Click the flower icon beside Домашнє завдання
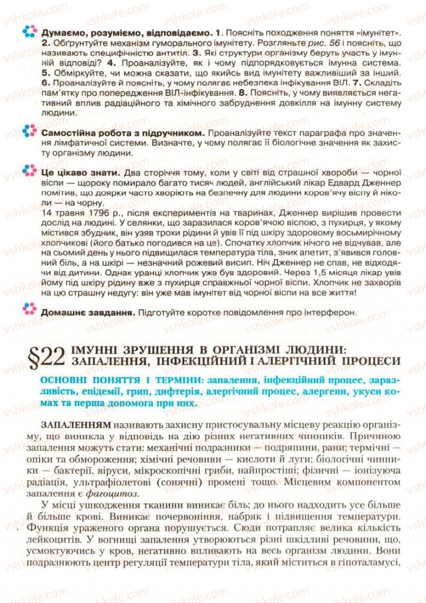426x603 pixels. coord(30,310)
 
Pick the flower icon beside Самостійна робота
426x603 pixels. coord(30,131)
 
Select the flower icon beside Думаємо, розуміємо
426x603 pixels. coord(30,31)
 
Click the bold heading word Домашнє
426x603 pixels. coord(60,312)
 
